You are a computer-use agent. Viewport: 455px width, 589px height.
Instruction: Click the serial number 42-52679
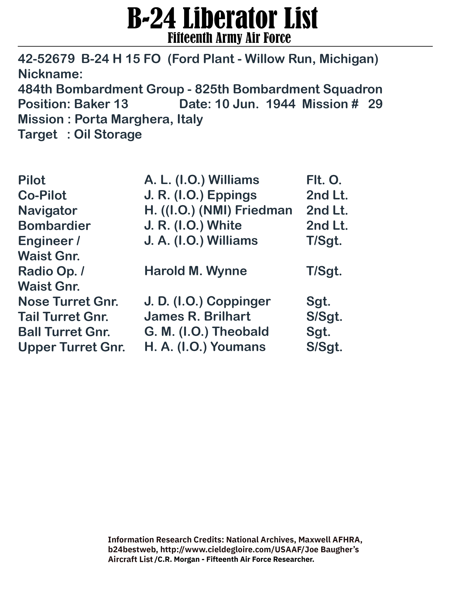coord(46,59)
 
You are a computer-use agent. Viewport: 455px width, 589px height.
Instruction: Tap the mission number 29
coord(375,104)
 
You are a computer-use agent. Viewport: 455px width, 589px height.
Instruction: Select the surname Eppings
coord(232,195)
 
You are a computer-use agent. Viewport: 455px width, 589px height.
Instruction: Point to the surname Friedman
coord(263,210)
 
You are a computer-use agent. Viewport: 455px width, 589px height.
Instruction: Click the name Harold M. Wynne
coord(195,271)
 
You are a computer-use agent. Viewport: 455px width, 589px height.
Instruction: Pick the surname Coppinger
coord(238,301)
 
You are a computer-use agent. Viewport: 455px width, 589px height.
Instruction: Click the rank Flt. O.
coord(324,180)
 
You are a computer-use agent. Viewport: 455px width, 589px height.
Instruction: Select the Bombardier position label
coord(54,226)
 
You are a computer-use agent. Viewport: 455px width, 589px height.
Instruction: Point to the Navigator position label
coord(47,211)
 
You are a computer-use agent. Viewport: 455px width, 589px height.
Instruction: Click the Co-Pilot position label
coord(42,195)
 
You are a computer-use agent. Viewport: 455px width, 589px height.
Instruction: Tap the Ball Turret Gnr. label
coord(64,332)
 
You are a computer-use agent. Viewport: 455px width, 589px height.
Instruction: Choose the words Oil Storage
coord(108,134)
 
